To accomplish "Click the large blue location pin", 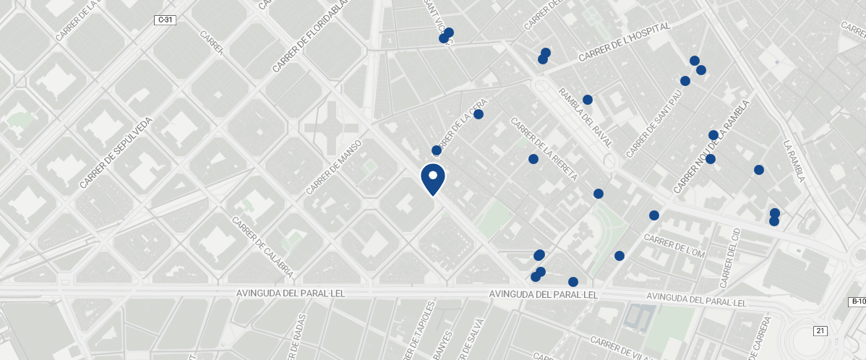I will click(x=432, y=179).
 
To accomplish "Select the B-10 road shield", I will click(x=857, y=301).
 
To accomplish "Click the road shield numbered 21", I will click(x=820, y=330).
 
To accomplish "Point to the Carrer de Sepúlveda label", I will click(x=117, y=153).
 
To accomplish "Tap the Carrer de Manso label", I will click(x=333, y=168).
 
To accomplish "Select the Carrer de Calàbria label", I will click(x=262, y=247).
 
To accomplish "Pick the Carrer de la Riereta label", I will click(x=544, y=149).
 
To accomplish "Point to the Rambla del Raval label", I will click(x=586, y=116).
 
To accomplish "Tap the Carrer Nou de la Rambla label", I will click(x=712, y=147).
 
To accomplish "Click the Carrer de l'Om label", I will click(x=674, y=246).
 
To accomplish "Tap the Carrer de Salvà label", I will click(x=478, y=338).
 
